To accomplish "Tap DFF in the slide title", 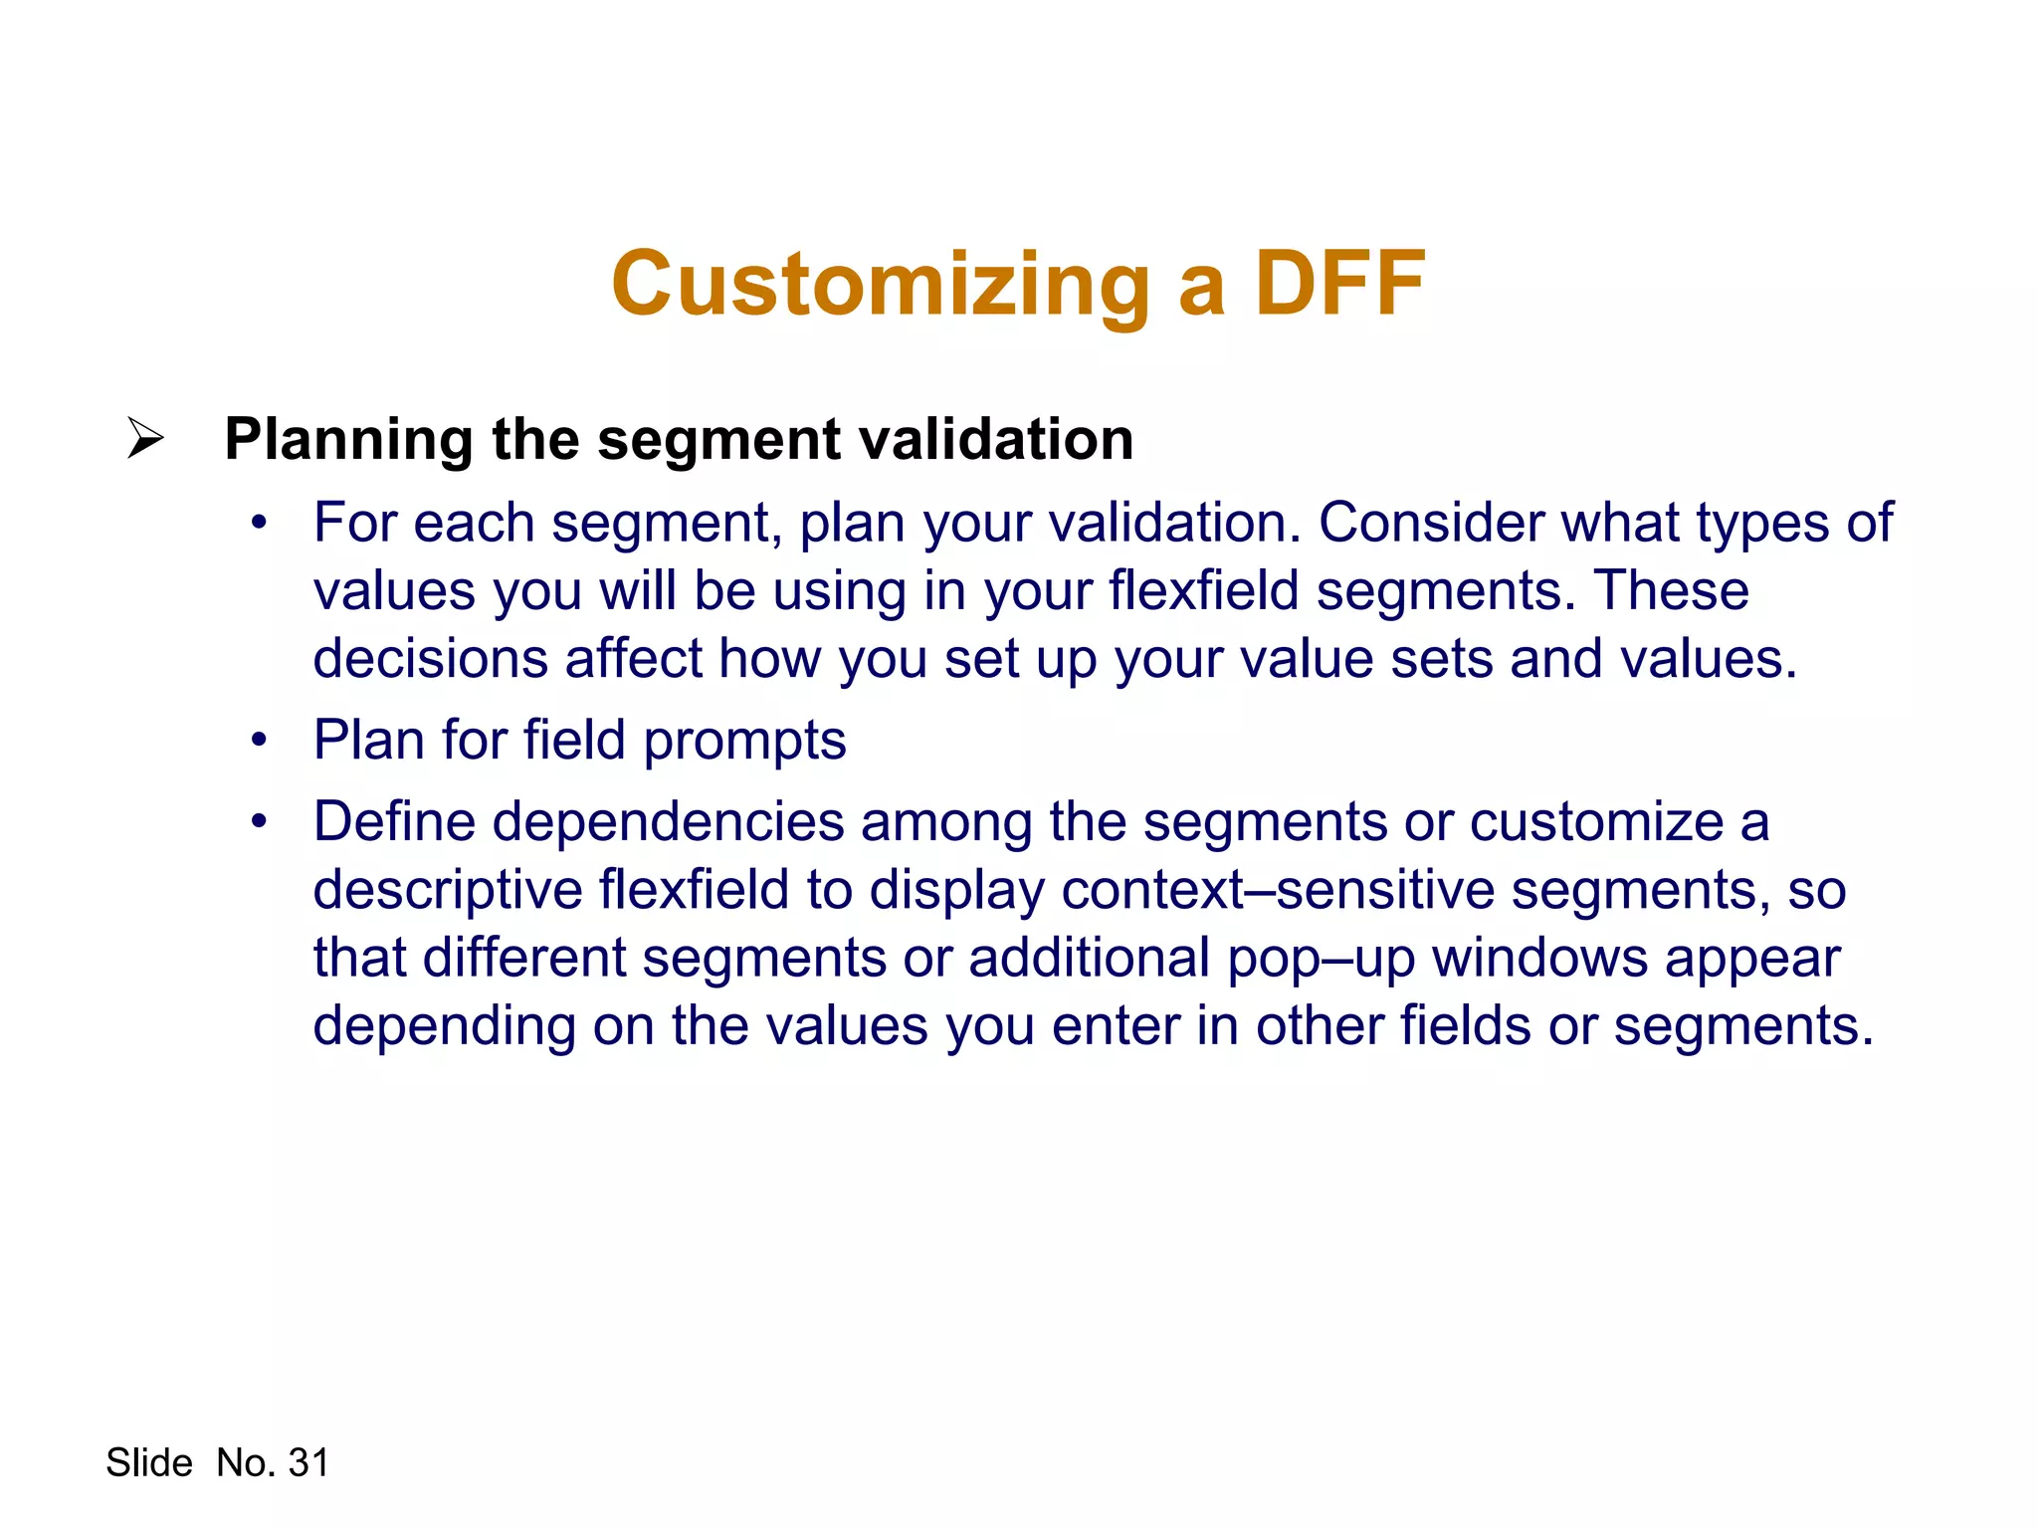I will (x=1339, y=285).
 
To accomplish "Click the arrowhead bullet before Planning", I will (x=145, y=439).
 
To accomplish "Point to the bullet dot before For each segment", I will (x=260, y=523).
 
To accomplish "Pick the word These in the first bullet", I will (x=1672, y=590).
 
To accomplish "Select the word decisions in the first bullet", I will (x=430, y=659).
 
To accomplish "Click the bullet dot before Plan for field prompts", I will (x=260, y=741).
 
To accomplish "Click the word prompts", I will (x=744, y=741).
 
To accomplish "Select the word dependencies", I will (x=668, y=822).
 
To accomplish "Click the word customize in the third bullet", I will (x=1596, y=822).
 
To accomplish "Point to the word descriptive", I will (x=447, y=890).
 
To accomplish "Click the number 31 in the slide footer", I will (x=308, y=1463).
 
